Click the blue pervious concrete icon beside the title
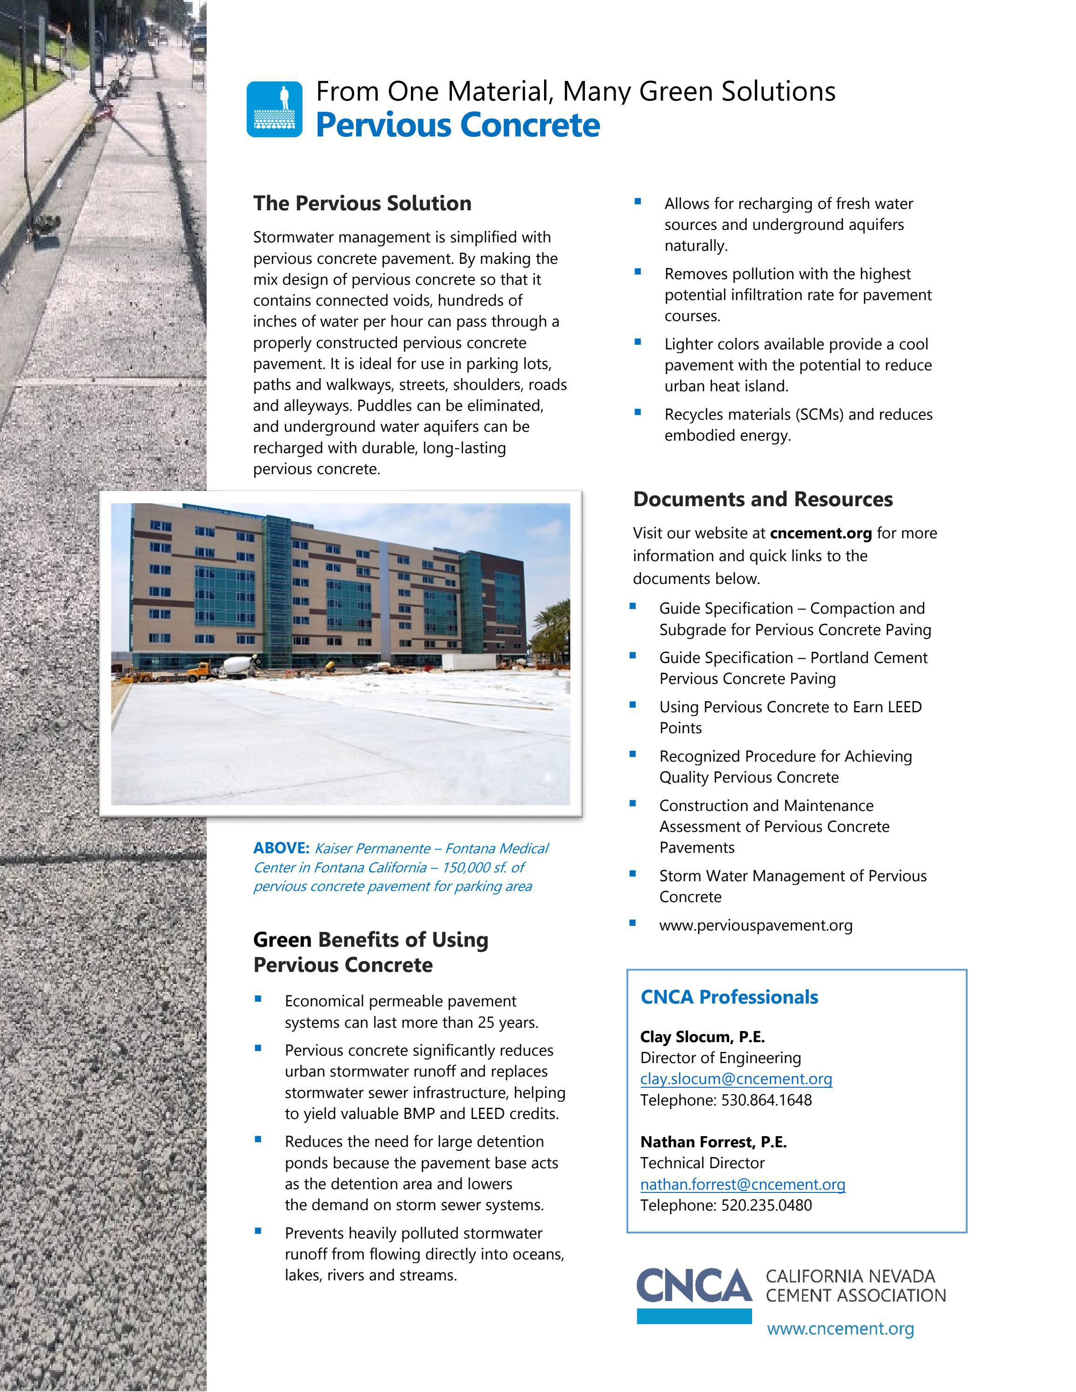[x=274, y=109]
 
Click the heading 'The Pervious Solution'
[x=362, y=203]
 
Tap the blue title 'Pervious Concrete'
[x=457, y=125]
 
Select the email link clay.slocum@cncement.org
[x=736, y=1078]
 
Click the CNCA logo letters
[x=693, y=1285]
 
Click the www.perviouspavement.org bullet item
[x=755, y=925]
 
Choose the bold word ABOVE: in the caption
[x=281, y=848]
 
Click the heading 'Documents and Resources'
[x=762, y=499]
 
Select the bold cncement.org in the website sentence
[x=820, y=533]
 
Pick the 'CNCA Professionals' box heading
[x=729, y=997]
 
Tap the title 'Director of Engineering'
[x=720, y=1057]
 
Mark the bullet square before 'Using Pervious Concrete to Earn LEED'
[x=633, y=704]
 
